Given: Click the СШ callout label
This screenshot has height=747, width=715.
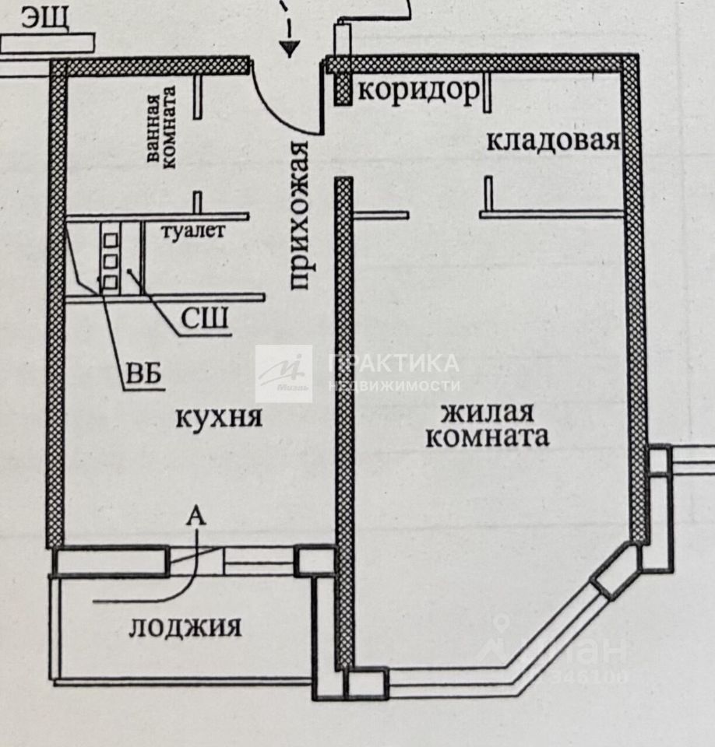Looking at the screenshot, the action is pyautogui.click(x=204, y=319).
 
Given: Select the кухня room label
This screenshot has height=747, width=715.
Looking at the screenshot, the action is pyautogui.click(x=218, y=418).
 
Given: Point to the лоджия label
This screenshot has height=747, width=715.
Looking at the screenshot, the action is pyautogui.click(x=185, y=626).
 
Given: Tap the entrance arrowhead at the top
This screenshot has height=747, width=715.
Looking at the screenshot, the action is pyautogui.click(x=291, y=50).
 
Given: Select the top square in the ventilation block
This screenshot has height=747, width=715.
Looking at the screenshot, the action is pyautogui.click(x=111, y=231).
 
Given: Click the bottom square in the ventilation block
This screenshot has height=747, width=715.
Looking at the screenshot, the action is pyautogui.click(x=111, y=279).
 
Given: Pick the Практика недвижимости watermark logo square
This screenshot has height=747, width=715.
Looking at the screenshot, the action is pyautogui.click(x=284, y=373).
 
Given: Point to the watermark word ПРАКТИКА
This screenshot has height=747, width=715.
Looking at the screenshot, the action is pyautogui.click(x=394, y=363).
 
